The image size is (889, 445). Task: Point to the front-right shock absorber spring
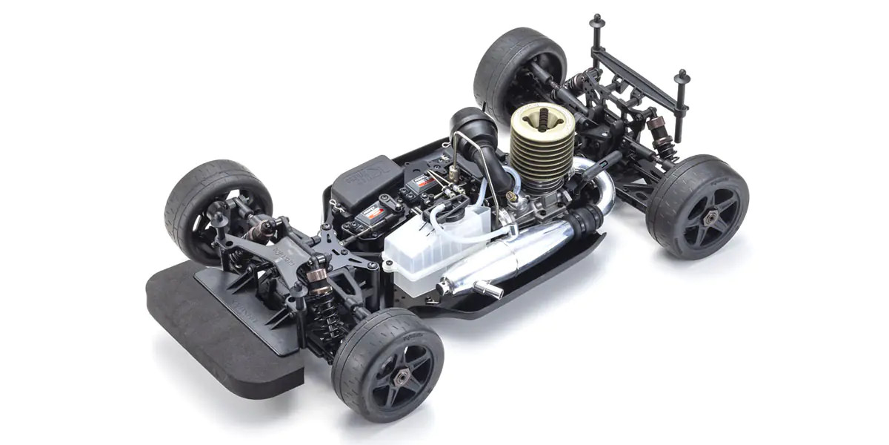click(320, 297)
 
